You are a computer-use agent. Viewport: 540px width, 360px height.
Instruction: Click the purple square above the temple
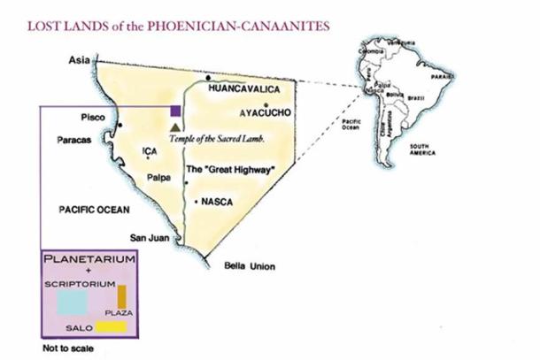[176, 111]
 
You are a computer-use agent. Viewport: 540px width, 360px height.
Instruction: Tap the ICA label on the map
[149, 151]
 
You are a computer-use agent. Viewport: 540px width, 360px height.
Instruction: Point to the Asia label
[81, 59]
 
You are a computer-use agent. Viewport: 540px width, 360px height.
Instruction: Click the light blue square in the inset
[73, 302]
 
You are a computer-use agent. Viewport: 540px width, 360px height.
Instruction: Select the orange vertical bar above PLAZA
[123, 295]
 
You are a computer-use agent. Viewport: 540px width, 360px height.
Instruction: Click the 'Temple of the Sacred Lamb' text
[224, 140]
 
